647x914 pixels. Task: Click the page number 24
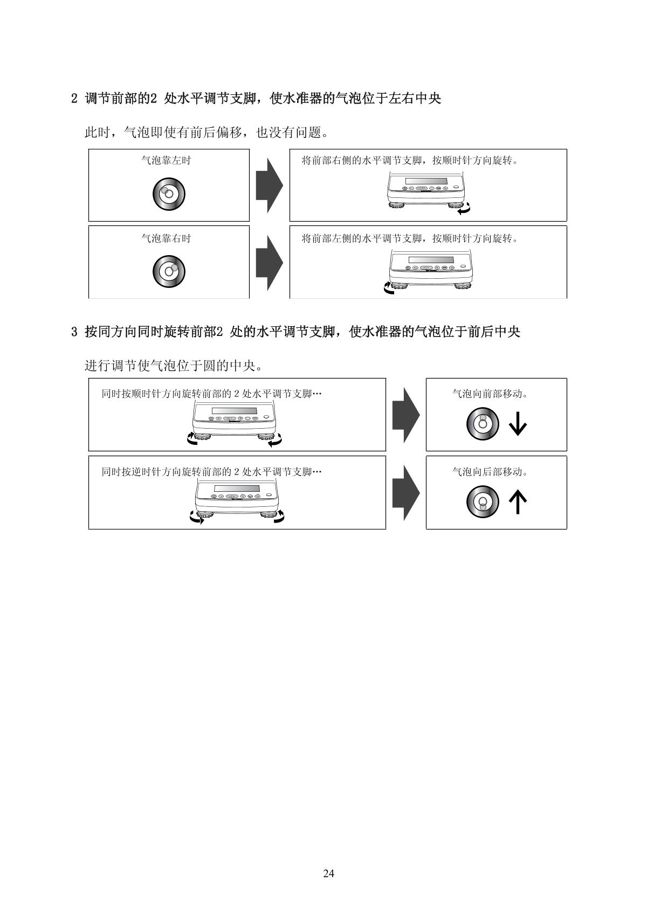328,874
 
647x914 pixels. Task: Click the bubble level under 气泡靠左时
169,194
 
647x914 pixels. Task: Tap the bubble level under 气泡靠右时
169,271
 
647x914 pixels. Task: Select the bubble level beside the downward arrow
483,424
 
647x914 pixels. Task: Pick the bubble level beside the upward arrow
483,502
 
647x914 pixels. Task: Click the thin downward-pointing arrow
518,424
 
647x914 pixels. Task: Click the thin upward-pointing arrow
518,502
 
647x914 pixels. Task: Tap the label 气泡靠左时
166,160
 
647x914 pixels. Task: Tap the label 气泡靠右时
166,238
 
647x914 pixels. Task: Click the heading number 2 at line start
74,99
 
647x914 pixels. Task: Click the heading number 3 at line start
74,332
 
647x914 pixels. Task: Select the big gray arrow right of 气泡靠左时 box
269,185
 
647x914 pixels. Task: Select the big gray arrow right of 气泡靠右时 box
269,262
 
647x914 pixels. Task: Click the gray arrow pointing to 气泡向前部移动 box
405,415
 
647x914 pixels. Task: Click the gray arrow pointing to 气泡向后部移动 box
405,492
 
